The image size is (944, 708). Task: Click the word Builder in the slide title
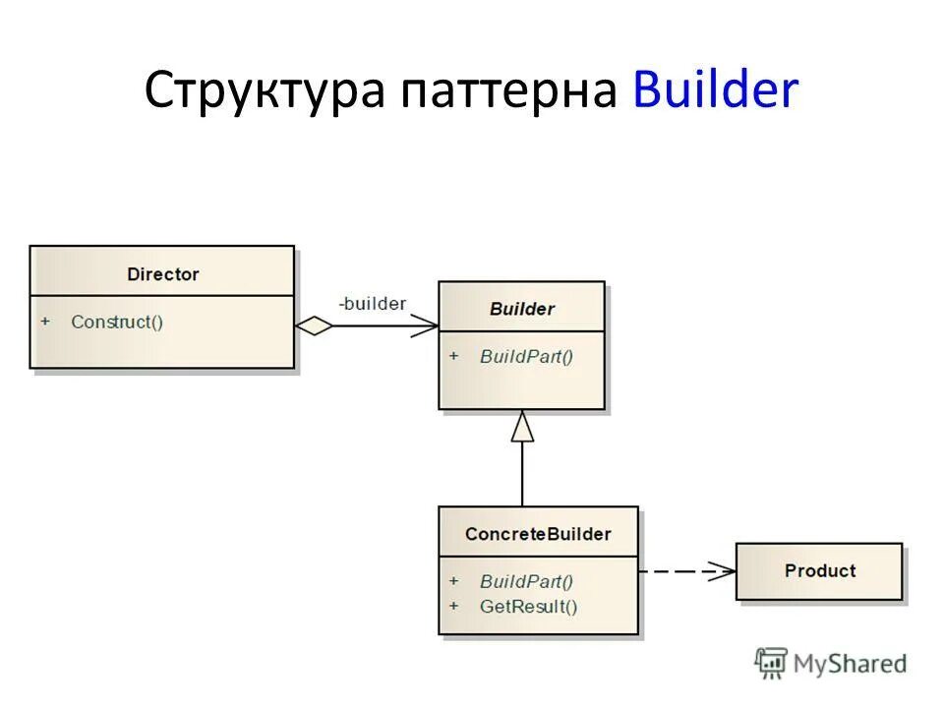716,91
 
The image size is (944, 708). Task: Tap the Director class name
162,274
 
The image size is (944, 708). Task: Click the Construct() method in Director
117,322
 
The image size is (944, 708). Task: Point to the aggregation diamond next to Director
315,325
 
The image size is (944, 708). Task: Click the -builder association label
372,304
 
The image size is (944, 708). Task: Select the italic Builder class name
521,309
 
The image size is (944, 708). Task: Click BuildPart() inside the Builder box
526,356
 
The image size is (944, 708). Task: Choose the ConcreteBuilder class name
538,534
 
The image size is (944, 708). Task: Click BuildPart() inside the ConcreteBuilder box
526,581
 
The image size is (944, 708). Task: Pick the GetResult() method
528,606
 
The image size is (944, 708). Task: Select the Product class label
819,570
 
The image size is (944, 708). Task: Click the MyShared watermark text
850,664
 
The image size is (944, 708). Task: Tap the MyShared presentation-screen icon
771,663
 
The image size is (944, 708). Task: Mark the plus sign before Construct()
45,322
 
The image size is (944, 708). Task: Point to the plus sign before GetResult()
453,606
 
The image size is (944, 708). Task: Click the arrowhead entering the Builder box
427,325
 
